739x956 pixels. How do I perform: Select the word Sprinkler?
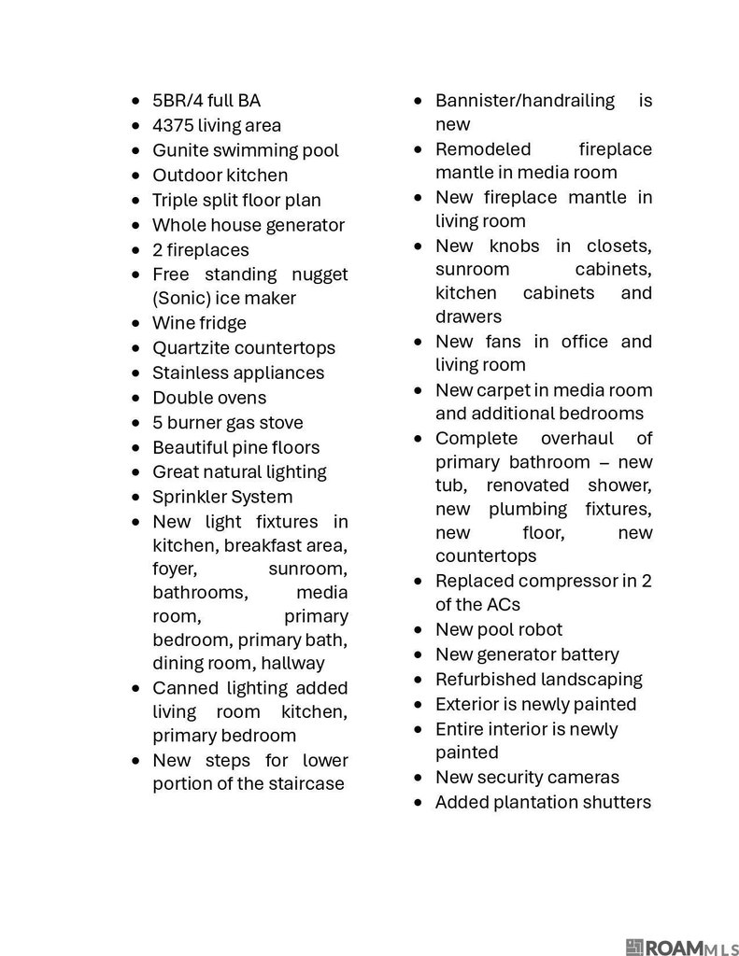click(x=190, y=497)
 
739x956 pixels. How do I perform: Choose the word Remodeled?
click(x=483, y=149)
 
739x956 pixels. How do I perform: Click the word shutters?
click(x=616, y=802)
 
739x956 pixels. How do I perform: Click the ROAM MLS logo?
click(x=681, y=948)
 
